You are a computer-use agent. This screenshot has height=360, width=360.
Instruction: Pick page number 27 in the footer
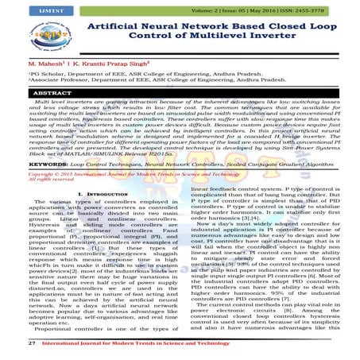10,343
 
